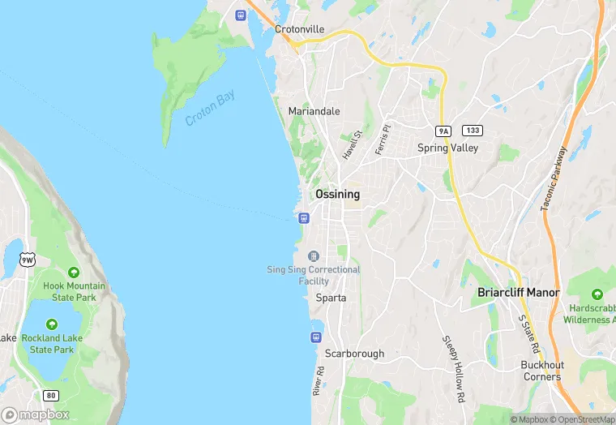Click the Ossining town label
click(337, 195)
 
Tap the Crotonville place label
click(299, 29)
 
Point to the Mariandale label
click(314, 111)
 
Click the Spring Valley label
click(447, 148)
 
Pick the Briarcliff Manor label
click(519, 292)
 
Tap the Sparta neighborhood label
click(331, 298)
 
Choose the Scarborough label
click(354, 354)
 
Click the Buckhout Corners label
click(541, 371)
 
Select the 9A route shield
click(443, 131)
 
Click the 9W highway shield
click(29, 259)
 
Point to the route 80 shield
click(51, 395)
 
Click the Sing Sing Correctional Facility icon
click(314, 256)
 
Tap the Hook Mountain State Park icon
click(74, 273)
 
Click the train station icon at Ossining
click(303, 217)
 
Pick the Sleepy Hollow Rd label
click(452, 369)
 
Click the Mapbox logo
click(36, 414)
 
